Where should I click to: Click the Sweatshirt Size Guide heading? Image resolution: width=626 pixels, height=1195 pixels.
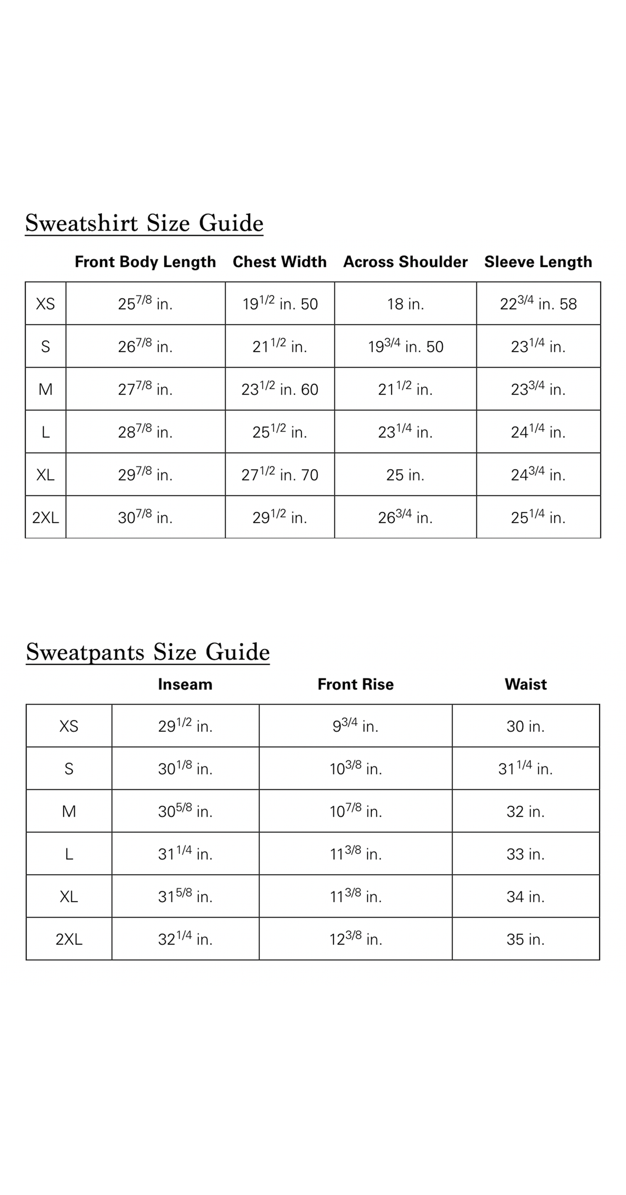click(x=144, y=223)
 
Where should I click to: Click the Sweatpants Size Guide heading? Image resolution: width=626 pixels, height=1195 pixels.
click(x=148, y=652)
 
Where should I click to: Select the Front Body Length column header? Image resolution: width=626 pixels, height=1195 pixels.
click(x=145, y=262)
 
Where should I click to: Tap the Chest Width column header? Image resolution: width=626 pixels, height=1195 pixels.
click(x=279, y=262)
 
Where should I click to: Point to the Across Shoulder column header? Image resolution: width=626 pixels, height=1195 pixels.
click(x=405, y=262)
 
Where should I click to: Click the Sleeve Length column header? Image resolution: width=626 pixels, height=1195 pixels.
click(x=538, y=262)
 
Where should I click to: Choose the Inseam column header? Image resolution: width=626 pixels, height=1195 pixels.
click(x=185, y=684)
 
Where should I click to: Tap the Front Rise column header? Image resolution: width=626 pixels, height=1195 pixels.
click(x=356, y=684)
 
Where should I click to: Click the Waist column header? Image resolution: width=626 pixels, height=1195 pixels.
click(x=525, y=684)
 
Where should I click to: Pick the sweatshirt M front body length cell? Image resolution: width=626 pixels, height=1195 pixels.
click(x=145, y=389)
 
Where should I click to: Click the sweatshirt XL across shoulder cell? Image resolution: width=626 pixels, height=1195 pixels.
click(x=405, y=475)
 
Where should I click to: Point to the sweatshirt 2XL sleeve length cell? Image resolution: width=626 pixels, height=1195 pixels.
click(x=538, y=517)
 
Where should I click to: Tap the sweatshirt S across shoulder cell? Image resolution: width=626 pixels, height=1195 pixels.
click(x=405, y=347)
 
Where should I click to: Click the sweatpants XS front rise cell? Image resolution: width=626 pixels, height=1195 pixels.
click(x=356, y=726)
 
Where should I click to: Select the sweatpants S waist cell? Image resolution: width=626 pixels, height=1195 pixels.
click(x=525, y=769)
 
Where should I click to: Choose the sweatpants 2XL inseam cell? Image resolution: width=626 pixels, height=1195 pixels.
click(x=185, y=939)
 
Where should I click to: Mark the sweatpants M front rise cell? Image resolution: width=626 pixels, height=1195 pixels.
click(x=356, y=811)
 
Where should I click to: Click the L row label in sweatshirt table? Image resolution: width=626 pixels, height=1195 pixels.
click(x=45, y=432)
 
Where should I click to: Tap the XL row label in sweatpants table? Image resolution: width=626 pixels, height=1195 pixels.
click(x=69, y=897)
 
